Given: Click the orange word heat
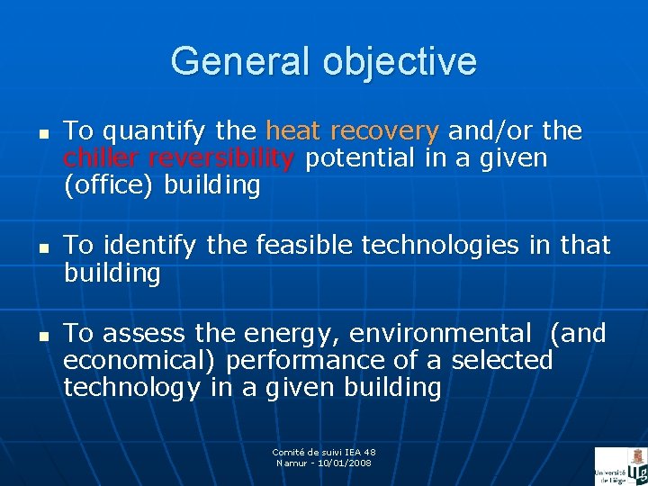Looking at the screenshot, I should [x=293, y=131].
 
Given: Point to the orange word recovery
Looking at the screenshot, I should [x=384, y=132].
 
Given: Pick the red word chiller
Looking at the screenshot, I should [x=102, y=159].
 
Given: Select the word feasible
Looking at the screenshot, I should [x=295, y=245].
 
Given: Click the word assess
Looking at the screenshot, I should [x=145, y=334].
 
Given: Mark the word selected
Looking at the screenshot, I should [x=502, y=361].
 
